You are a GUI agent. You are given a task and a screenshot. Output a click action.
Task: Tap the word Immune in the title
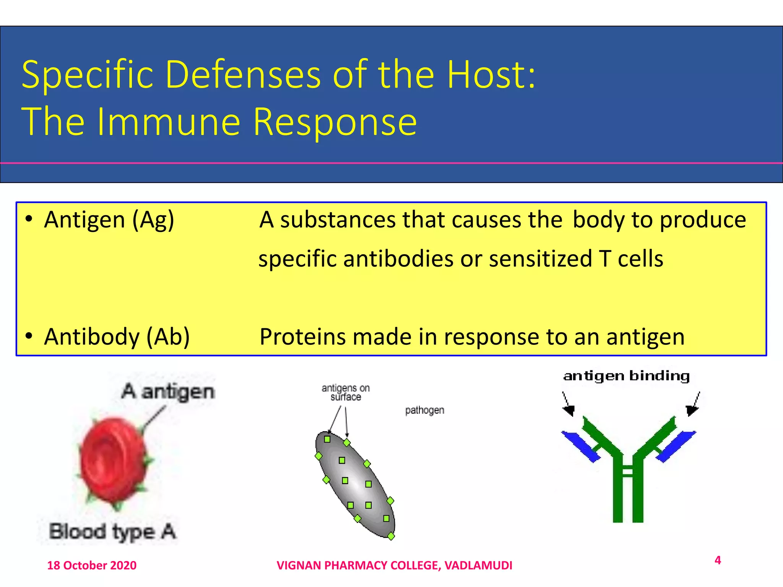168,122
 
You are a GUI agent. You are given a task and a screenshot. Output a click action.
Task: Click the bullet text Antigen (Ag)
109,221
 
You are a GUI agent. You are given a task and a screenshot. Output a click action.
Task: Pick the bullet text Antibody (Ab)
117,337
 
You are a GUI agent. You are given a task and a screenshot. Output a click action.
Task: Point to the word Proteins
302,337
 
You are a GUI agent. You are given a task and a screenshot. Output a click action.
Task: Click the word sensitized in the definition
540,259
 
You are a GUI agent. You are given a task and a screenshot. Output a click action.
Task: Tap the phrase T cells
631,259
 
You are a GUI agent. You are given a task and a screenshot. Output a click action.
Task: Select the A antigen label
168,392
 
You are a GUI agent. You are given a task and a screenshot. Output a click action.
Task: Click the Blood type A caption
112,532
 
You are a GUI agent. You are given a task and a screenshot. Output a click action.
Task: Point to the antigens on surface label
346,392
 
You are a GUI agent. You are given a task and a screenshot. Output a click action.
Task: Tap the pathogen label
424,410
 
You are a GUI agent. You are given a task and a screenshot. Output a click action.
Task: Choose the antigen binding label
626,376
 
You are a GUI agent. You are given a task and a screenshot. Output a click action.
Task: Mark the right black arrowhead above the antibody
691,410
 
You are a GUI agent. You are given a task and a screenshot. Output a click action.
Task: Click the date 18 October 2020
92,565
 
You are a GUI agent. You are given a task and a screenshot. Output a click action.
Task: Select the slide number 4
718,560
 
